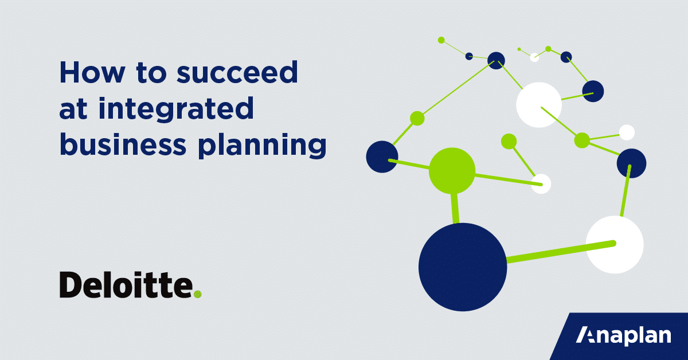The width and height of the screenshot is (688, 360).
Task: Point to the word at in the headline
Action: pyautogui.click(x=73, y=109)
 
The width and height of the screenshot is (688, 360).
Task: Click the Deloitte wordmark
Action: pyautogui.click(x=126, y=285)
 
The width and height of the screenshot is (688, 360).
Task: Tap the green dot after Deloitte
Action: pyautogui.click(x=198, y=294)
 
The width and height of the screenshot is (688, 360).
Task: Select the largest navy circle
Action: pyautogui.click(x=463, y=267)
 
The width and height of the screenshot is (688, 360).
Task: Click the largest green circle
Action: pyautogui.click(x=452, y=170)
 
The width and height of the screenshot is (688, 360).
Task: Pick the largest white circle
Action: pyautogui.click(x=614, y=245)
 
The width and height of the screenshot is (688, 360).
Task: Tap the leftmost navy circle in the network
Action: pyautogui.click(x=382, y=156)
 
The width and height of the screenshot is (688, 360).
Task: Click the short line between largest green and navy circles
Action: pyautogui.click(x=455, y=208)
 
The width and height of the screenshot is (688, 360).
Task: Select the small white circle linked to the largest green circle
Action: pyautogui.click(x=541, y=184)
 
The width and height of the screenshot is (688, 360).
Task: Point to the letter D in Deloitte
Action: pyautogui.click(x=71, y=285)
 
